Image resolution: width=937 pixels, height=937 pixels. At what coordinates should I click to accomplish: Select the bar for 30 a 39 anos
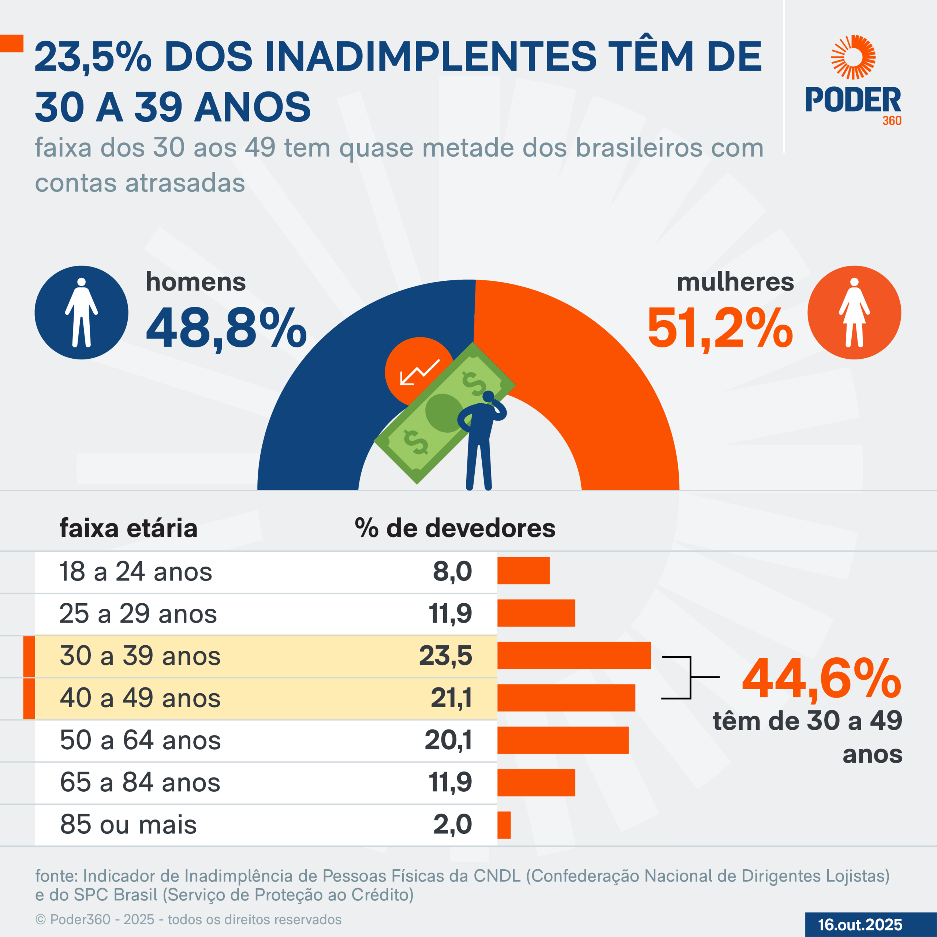(x=574, y=655)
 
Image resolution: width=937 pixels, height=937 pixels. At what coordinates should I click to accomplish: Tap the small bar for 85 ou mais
(x=504, y=825)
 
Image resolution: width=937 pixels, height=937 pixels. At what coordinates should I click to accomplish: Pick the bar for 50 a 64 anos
(x=563, y=740)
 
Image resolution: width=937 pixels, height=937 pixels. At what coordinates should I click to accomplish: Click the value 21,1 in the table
(x=451, y=698)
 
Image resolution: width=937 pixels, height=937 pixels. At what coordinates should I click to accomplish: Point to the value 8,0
(x=452, y=571)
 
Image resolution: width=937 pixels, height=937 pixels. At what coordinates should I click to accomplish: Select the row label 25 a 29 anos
(x=138, y=613)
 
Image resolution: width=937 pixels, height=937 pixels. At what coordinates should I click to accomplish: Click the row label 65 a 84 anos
(x=140, y=782)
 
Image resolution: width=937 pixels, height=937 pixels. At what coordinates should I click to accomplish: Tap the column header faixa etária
(x=128, y=528)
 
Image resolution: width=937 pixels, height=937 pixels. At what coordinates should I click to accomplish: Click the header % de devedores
(x=455, y=528)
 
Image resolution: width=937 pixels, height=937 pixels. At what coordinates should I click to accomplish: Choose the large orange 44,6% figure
(x=821, y=679)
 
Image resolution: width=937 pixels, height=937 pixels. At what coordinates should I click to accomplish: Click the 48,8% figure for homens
(x=226, y=329)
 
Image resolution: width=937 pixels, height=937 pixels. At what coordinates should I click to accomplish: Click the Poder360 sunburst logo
(x=853, y=57)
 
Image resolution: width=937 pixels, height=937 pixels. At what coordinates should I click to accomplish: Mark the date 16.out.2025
(x=860, y=925)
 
